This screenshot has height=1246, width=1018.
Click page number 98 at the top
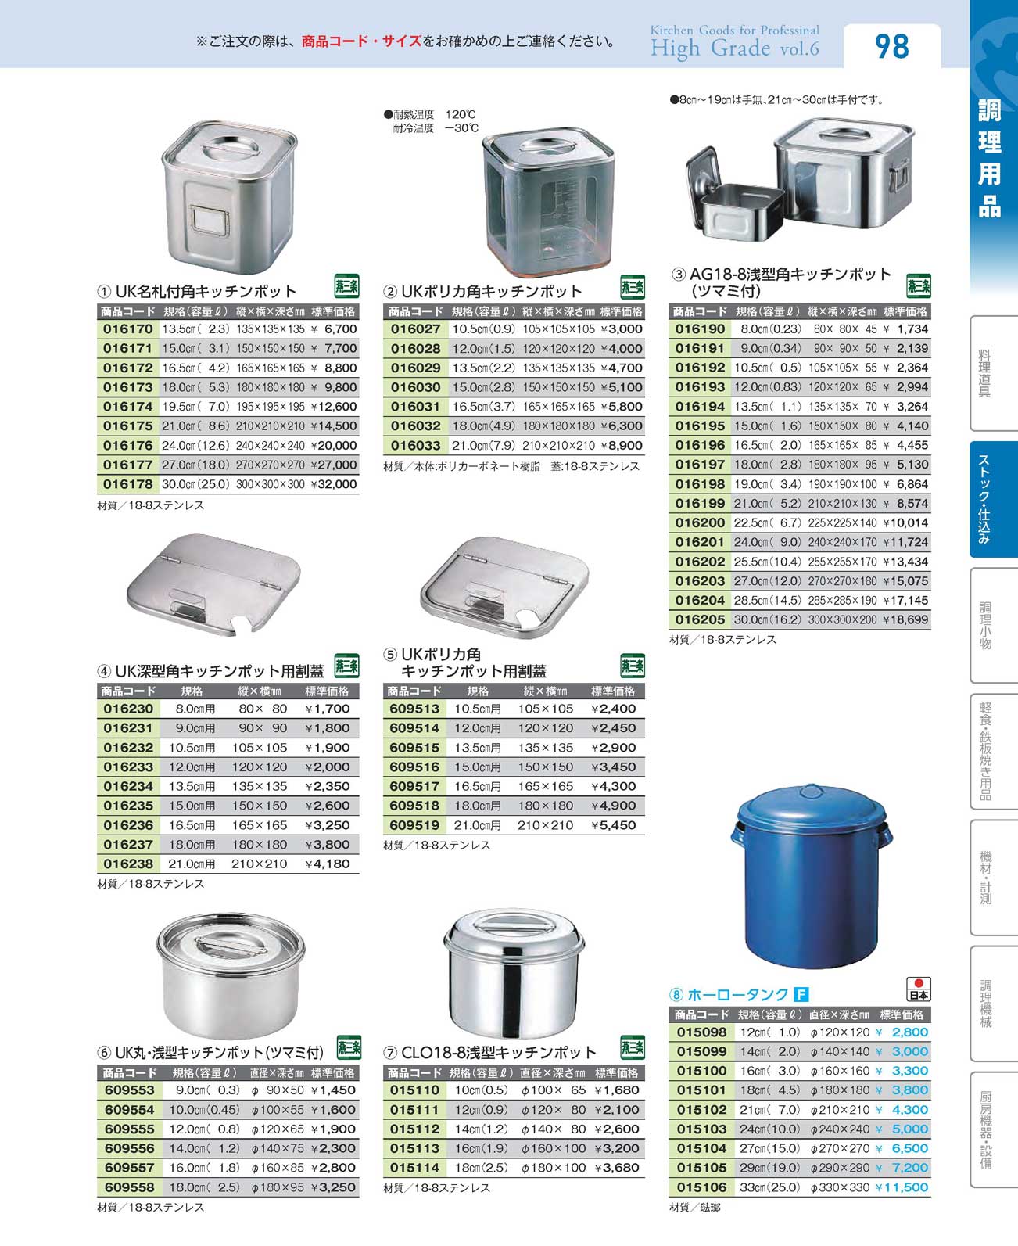pyautogui.click(x=891, y=47)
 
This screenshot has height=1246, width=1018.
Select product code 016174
pyautogui.click(x=128, y=407)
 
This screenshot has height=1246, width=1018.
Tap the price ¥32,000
pyautogui.click(x=334, y=484)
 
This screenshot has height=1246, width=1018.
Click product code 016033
pyautogui.click(x=415, y=446)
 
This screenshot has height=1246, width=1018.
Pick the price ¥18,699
pyautogui.click(x=905, y=619)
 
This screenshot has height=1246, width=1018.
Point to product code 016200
pyautogui.click(x=700, y=522)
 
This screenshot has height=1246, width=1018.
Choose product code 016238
pyautogui.click(x=128, y=864)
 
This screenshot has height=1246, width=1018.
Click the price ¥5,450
pyautogui.click(x=614, y=825)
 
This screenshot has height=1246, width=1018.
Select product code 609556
pyautogui.click(x=129, y=1148)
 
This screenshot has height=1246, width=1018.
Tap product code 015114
pyautogui.click(x=414, y=1168)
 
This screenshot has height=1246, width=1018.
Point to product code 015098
pyautogui.click(x=701, y=1032)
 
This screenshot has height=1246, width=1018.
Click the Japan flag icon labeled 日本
pyautogui.click(x=919, y=989)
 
